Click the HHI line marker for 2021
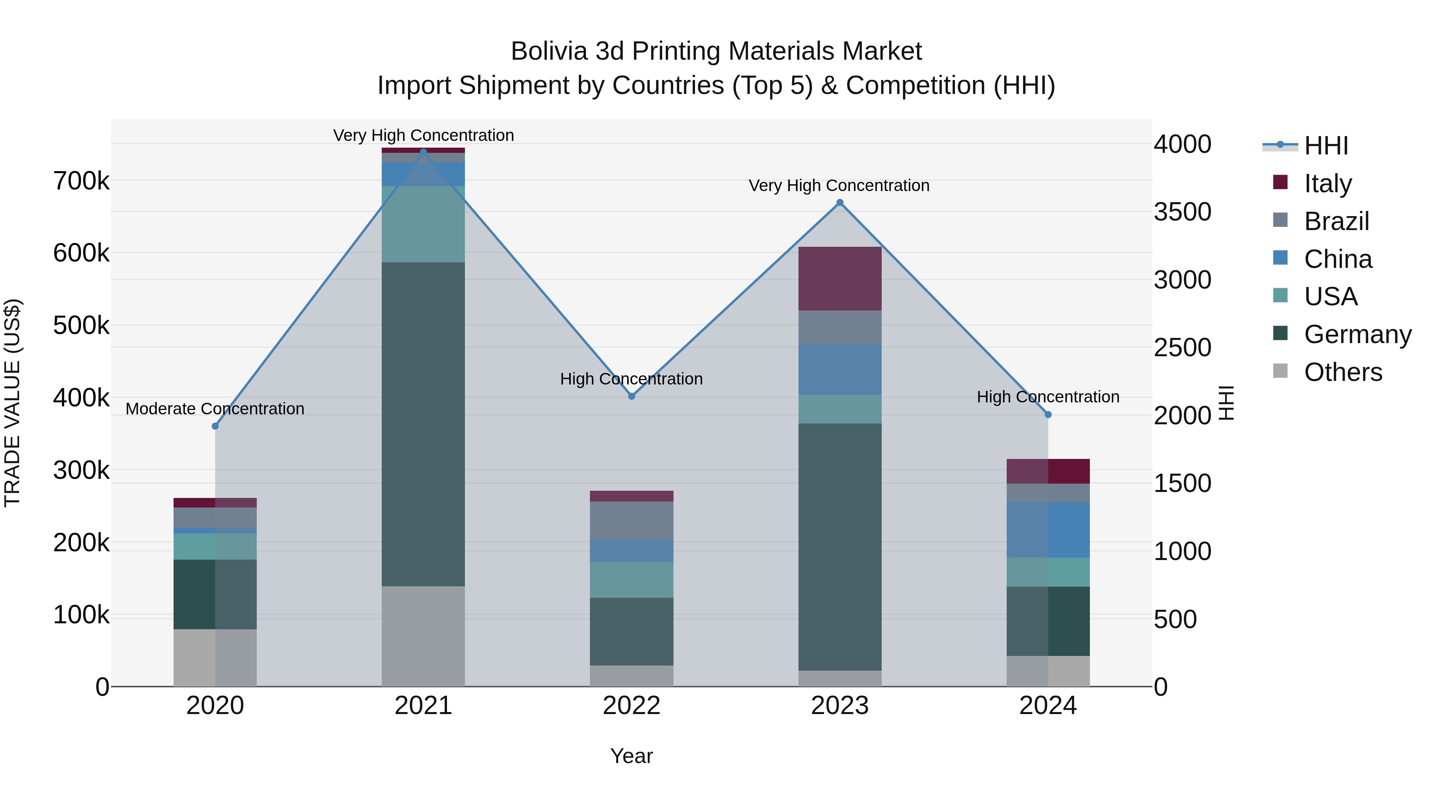pos(424,152)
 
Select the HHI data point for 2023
pos(840,203)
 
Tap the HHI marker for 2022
pos(631,396)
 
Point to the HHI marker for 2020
pos(215,426)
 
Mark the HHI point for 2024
pos(1048,414)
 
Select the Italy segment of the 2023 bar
pos(840,278)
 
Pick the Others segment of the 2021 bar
pos(424,636)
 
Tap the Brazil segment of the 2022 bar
pos(631,520)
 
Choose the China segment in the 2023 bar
pos(840,369)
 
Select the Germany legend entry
pos(1357,334)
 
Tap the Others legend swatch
pos(1280,371)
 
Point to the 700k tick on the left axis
pos(81,181)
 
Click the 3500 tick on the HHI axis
pos(1182,212)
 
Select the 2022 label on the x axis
pos(631,705)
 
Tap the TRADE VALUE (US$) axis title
pos(13,403)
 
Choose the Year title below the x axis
pos(631,756)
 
